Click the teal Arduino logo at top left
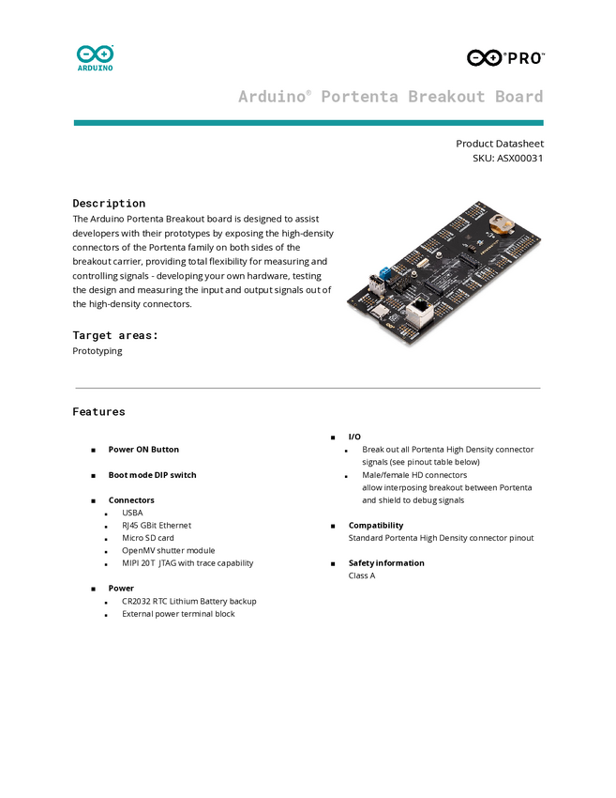click(x=95, y=57)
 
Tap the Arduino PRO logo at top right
click(x=504, y=57)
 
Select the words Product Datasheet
click(x=499, y=144)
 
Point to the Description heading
click(x=109, y=203)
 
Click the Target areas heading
click(x=115, y=335)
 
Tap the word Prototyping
click(x=97, y=351)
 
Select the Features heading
click(x=98, y=411)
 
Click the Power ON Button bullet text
click(x=143, y=450)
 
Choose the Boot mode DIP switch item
click(x=152, y=475)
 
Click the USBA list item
click(x=132, y=513)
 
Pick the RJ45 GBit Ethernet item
click(x=156, y=526)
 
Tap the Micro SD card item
click(x=147, y=538)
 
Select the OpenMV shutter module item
click(x=168, y=550)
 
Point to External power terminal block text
click(x=178, y=614)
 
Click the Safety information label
click(x=386, y=563)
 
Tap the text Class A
click(x=362, y=575)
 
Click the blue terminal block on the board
click(x=384, y=275)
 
